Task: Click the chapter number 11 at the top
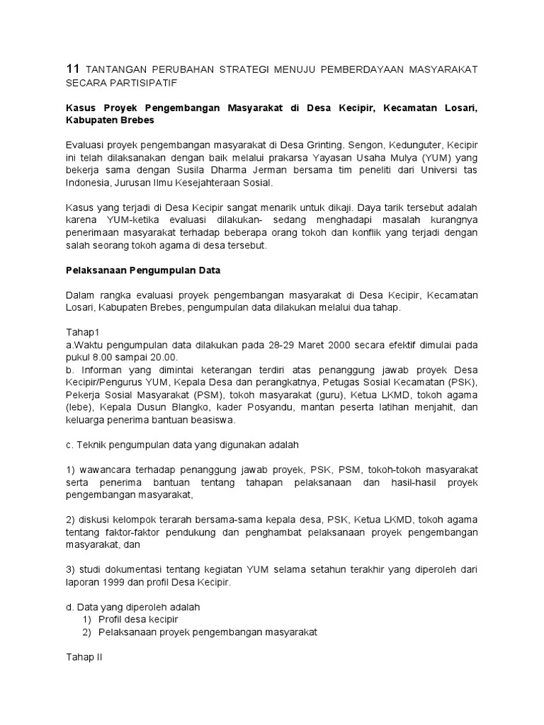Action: (x=72, y=69)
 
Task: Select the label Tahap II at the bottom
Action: (x=84, y=656)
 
